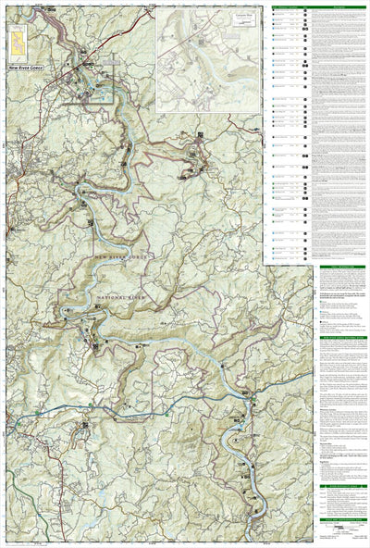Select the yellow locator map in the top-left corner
[x=18, y=39]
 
